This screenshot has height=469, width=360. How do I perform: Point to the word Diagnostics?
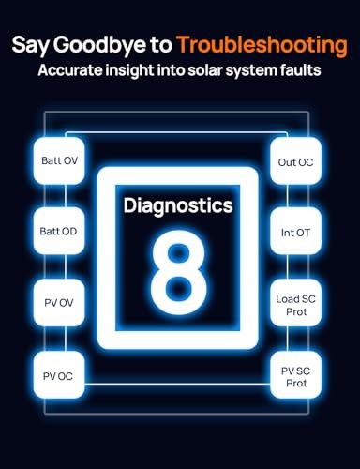point(178,205)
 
